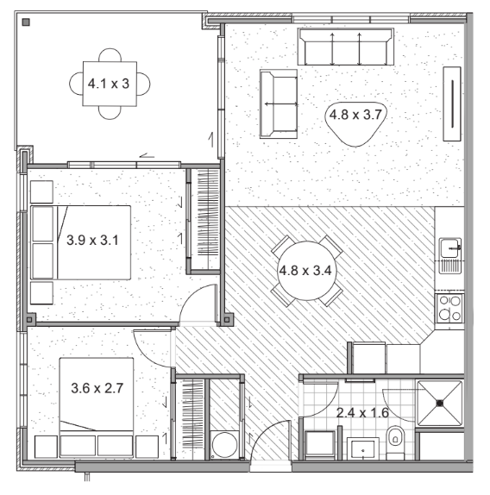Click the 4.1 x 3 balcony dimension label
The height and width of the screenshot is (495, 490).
(x=109, y=84)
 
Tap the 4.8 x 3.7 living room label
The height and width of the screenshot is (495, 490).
(x=355, y=115)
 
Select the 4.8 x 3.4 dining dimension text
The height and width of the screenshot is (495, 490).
(x=305, y=271)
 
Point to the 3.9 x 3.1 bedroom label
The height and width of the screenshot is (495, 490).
(x=92, y=240)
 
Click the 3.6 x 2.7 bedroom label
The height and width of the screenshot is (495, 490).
(x=97, y=388)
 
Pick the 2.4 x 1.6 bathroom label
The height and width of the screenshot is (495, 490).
(x=362, y=412)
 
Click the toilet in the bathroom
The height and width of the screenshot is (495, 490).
(x=395, y=442)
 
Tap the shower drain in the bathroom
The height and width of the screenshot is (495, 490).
(x=440, y=403)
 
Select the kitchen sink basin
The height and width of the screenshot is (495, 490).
(x=450, y=247)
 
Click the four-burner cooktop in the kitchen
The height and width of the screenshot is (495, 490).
(x=450, y=308)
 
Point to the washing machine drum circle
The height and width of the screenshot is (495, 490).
(x=224, y=444)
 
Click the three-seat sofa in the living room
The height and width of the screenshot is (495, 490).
(x=346, y=47)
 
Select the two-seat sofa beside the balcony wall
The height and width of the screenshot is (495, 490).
(x=279, y=103)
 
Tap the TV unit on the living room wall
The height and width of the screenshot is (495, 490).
(x=452, y=103)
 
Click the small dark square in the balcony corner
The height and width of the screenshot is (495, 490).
(x=26, y=22)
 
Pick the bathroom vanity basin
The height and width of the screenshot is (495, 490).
(x=363, y=449)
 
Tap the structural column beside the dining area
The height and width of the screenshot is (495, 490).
(x=226, y=320)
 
